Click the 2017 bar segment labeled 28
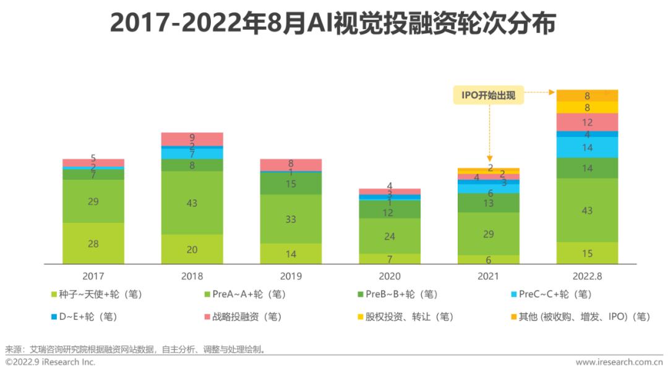click(93, 243)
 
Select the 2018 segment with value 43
click(192, 203)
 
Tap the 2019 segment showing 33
click(291, 219)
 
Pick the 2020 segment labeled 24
click(390, 236)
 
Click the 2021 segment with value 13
click(489, 203)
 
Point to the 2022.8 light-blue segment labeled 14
click(587, 148)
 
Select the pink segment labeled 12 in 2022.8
click(587, 122)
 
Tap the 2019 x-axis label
click(291, 276)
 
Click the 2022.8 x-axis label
click(587, 276)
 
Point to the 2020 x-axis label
click(390, 276)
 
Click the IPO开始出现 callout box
click(488, 95)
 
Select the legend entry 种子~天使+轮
click(100, 295)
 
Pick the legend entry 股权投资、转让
click(405, 317)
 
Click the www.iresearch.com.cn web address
click(619, 362)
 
